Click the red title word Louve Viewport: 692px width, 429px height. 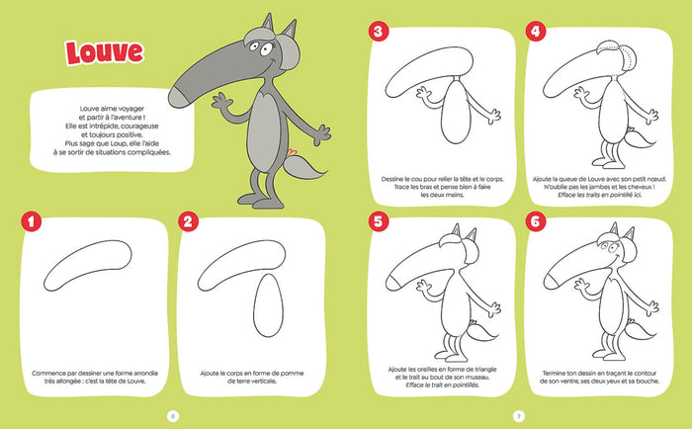(103, 51)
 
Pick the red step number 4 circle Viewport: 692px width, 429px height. (537, 33)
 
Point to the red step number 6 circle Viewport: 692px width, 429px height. (537, 221)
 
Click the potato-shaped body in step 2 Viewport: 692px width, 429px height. (266, 306)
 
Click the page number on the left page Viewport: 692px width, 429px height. (172, 414)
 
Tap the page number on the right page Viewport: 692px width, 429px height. (520, 414)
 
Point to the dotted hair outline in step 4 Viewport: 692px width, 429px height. (613, 59)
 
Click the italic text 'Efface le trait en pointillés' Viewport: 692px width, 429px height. (445, 386)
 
